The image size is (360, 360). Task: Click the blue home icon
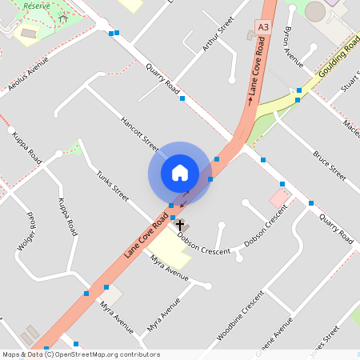click(x=179, y=172)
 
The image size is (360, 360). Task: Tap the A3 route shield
click(x=262, y=27)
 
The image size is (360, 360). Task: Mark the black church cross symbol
click(x=180, y=225)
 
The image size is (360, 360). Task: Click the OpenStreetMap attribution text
click(x=81, y=354)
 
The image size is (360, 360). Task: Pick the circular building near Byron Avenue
click(x=315, y=11)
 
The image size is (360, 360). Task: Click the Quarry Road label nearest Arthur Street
click(x=162, y=80)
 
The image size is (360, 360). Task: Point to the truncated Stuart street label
click(x=350, y=82)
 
